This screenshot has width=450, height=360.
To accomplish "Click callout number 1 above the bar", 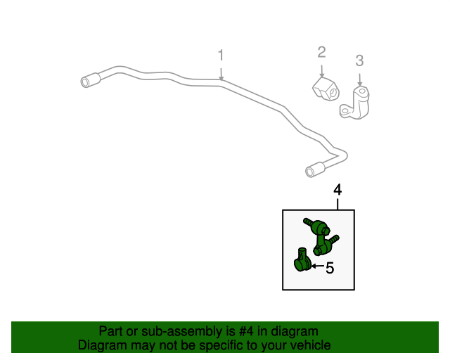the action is [220, 55].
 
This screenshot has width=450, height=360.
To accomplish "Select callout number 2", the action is [321, 52].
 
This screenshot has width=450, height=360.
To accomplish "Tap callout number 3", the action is [359, 60].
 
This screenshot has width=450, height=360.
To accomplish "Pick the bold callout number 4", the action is [337, 190].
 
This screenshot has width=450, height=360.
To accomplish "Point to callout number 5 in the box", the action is [330, 268].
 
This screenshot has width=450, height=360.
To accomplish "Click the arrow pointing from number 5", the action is [318, 266].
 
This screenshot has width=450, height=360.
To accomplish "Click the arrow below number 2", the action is [321, 71].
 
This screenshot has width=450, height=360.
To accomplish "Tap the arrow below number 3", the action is [359, 80].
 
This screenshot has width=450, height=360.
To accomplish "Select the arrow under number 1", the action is [221, 75].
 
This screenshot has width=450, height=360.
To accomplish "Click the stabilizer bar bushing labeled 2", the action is [326, 89].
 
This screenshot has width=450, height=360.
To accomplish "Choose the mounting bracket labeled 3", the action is [354, 103].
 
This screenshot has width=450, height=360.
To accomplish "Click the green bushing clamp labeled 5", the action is [302, 260].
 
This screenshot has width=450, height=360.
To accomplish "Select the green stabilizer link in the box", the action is [321, 236].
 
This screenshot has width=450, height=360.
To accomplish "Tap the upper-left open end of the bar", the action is [84, 82].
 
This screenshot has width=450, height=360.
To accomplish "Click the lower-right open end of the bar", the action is [309, 172].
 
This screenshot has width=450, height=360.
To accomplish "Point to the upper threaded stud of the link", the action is [309, 222].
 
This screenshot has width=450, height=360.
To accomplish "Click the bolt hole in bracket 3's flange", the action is [345, 110].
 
